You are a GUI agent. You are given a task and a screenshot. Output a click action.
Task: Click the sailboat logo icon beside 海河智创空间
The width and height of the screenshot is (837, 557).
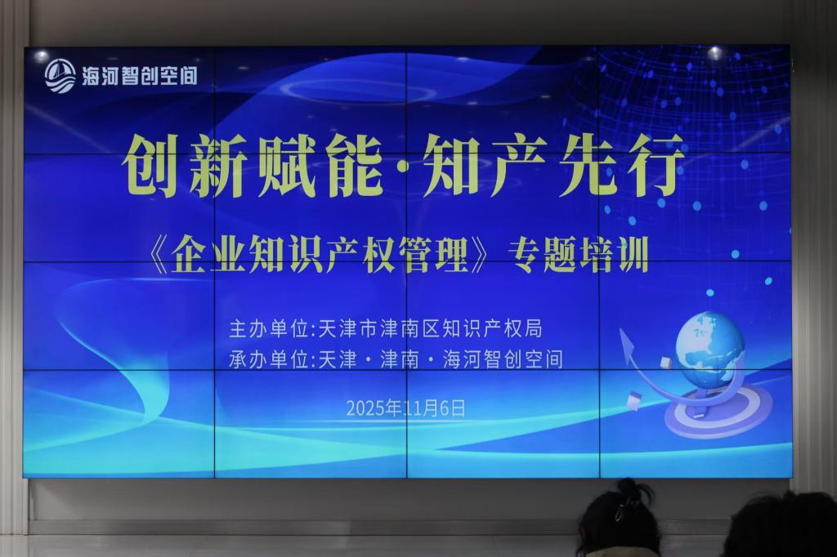(60, 76)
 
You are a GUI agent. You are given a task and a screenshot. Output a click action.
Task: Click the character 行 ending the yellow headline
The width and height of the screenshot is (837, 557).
(655, 165)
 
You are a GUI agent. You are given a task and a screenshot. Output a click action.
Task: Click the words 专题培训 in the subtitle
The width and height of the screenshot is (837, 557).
(578, 256)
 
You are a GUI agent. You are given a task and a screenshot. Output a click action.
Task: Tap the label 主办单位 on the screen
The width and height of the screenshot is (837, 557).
(268, 328)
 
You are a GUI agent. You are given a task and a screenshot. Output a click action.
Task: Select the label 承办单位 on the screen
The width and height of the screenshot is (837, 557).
(268, 359)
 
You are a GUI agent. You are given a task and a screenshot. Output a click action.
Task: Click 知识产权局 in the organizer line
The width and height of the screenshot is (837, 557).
(491, 328)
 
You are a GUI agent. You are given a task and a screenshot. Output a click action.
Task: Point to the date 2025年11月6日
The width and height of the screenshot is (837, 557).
(405, 408)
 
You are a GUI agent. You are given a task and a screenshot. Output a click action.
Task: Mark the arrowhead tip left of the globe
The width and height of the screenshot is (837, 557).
(621, 330)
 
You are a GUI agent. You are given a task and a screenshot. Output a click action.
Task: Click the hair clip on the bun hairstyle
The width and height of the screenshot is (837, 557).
(620, 510)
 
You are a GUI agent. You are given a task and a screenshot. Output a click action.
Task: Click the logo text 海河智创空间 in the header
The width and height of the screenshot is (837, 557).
(140, 76)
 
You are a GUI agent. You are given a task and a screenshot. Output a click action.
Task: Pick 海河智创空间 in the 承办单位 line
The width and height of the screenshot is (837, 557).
(503, 359)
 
